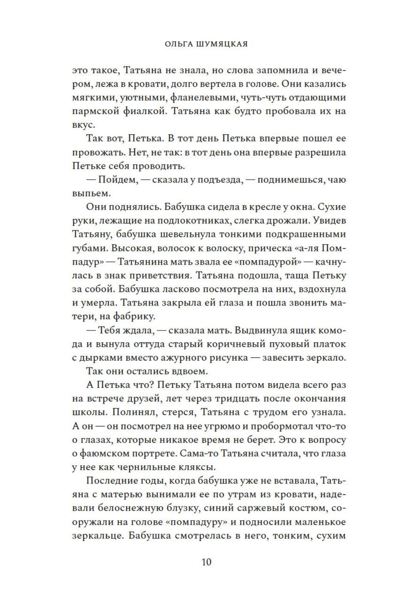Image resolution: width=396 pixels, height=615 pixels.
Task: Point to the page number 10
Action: [x=206, y=562]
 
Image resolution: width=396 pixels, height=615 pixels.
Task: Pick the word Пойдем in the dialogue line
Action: [x=117, y=180]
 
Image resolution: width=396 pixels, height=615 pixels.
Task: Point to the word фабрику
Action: [x=133, y=316]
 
